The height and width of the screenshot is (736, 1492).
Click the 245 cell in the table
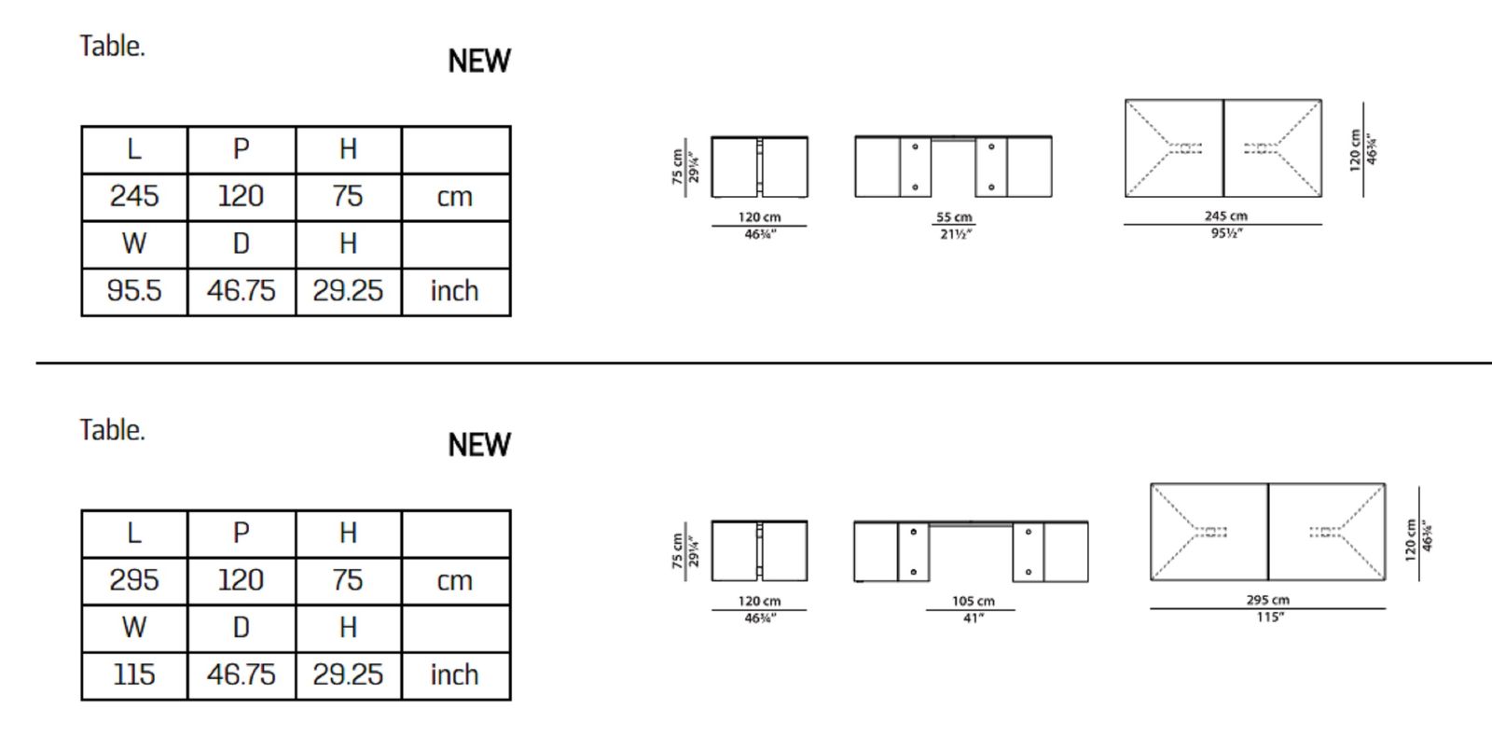[x=134, y=197]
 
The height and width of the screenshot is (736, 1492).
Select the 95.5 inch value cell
[x=134, y=292]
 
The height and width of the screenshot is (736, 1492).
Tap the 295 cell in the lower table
[x=134, y=581]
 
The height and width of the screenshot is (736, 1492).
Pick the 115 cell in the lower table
[x=134, y=675]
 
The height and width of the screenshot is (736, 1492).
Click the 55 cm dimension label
[x=954, y=217]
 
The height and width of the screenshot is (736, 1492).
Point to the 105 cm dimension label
[x=974, y=601]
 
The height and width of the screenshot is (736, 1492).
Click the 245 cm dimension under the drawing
[x=1225, y=215]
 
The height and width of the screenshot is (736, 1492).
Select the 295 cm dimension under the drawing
[x=1267, y=600]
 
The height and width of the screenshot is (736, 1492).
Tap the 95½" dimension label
[x=1227, y=233]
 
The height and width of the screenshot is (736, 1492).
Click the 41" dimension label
[x=974, y=618]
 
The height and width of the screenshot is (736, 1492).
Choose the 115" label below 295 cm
[x=1270, y=617]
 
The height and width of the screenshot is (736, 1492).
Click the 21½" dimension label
[x=956, y=234]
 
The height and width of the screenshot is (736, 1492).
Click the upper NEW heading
[x=479, y=62]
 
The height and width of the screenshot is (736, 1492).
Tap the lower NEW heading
[x=479, y=445]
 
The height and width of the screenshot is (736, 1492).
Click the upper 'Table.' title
[x=112, y=47]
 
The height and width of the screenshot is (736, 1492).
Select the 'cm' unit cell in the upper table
[x=456, y=197]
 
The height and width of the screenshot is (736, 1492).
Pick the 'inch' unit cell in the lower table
[x=456, y=675]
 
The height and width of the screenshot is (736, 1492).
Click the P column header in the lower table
[x=242, y=534]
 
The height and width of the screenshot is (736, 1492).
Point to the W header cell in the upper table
[x=134, y=244]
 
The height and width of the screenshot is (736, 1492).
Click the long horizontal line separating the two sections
[x=764, y=363]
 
